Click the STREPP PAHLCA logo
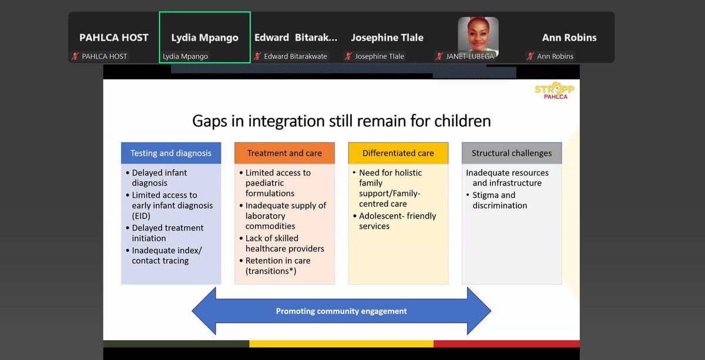(x=555, y=90)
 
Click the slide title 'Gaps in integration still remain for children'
(x=341, y=121)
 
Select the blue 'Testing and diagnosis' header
(x=171, y=153)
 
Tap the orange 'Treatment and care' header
(x=284, y=153)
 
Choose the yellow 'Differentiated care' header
(x=398, y=153)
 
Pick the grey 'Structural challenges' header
(x=512, y=153)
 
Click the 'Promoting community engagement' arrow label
(x=341, y=311)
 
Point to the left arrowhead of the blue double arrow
(x=204, y=311)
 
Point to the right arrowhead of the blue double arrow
(x=479, y=311)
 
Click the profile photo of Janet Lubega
(x=478, y=36)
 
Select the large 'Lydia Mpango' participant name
(x=205, y=38)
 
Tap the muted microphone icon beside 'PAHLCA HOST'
(x=75, y=56)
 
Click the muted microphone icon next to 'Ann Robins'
(x=531, y=56)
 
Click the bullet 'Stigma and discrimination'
(x=496, y=200)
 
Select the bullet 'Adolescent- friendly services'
(x=394, y=221)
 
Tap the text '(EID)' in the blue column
(x=141, y=216)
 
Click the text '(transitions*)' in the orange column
(x=271, y=271)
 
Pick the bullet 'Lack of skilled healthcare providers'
(x=281, y=243)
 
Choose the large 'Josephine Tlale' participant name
(x=387, y=38)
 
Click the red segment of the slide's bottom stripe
(x=506, y=344)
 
